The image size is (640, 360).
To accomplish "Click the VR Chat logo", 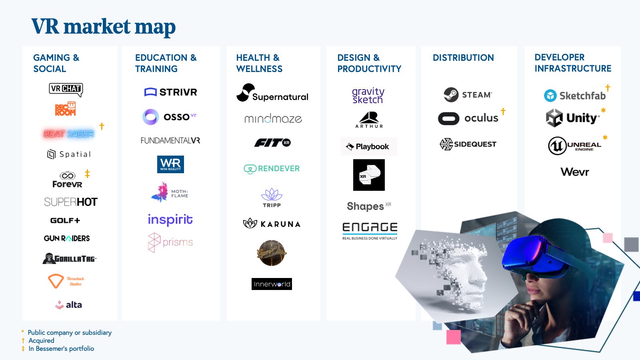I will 66,89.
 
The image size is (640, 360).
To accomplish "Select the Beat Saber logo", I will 69,134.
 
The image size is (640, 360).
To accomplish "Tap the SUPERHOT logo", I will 71,202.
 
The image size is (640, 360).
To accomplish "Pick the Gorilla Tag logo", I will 70,258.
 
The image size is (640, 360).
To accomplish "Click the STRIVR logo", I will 171,92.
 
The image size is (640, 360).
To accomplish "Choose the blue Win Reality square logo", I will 170,164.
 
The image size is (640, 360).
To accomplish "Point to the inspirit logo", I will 170,220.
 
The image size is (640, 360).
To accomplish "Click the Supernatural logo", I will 272,93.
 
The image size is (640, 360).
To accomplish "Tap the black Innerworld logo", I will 272,284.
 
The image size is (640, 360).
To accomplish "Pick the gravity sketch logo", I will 368,96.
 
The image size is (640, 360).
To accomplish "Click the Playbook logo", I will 368,147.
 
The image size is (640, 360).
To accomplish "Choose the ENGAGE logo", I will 370,230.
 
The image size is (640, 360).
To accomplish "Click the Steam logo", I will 468,95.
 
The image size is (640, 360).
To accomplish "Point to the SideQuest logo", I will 468,144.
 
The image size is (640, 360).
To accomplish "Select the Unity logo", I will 573,118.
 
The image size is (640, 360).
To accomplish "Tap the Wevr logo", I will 575,172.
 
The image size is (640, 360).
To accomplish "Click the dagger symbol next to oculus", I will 503,111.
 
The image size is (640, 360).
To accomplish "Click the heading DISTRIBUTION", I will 463,58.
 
